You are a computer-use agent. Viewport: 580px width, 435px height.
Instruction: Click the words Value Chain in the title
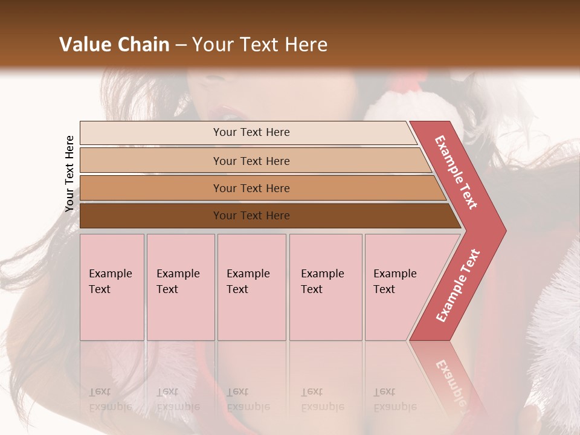[114, 44]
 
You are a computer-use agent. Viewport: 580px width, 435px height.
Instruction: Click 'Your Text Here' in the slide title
[260, 44]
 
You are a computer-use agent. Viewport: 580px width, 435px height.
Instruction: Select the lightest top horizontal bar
[251, 132]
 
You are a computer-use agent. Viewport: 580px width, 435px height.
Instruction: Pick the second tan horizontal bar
[251, 161]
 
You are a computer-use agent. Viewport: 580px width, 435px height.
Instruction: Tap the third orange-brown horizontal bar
[251, 188]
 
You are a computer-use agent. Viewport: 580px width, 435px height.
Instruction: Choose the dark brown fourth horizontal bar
[251, 216]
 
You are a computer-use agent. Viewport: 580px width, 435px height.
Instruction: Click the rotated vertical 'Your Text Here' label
[69, 173]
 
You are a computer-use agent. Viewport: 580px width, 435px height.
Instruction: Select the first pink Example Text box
[112, 287]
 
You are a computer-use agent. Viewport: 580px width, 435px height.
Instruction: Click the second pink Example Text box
[180, 287]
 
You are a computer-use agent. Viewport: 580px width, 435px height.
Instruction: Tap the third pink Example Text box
[251, 287]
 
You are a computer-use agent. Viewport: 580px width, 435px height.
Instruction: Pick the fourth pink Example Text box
[326, 287]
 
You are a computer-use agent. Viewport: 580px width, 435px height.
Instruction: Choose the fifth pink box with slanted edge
[399, 287]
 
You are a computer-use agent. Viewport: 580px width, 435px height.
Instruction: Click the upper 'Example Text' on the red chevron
[456, 172]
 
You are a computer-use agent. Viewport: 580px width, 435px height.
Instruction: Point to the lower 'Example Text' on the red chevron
[458, 285]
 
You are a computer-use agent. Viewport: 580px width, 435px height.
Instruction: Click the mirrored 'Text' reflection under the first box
[100, 392]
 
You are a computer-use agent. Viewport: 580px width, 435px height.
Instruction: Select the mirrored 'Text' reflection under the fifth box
[384, 392]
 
